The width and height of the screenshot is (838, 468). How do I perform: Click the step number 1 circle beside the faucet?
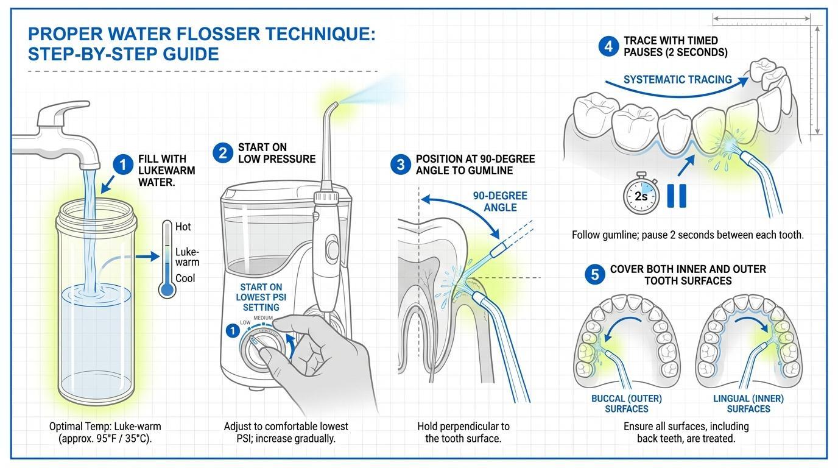[124, 165]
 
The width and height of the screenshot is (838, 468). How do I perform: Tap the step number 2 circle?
[223, 152]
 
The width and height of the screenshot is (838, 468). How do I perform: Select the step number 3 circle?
[401, 165]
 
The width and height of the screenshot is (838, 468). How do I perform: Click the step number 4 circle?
[608, 46]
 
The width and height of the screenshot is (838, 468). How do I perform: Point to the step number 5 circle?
[595, 275]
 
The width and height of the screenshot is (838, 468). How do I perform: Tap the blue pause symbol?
[677, 196]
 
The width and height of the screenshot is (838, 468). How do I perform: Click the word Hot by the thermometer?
[183, 227]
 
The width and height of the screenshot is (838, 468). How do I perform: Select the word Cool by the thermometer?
[185, 278]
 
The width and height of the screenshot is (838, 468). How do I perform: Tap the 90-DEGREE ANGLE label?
[500, 202]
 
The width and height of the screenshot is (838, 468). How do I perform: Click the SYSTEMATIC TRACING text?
[677, 79]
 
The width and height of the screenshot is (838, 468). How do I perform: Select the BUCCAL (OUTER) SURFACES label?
[626, 403]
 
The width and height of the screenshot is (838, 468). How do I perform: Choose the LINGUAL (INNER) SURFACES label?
[748, 403]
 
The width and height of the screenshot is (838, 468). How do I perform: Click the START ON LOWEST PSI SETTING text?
[261, 297]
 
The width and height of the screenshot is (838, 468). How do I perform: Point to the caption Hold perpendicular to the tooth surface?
[463, 432]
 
